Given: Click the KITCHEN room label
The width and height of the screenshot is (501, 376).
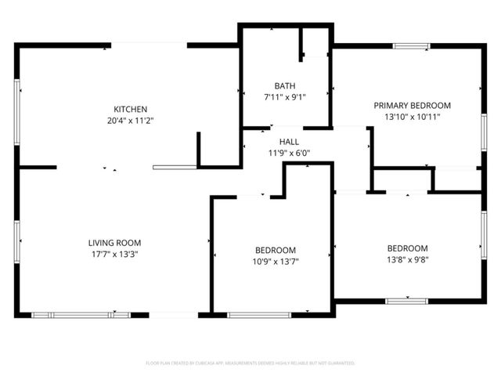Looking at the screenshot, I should click(130, 109).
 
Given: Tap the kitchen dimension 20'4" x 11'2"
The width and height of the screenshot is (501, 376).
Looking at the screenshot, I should click(130, 121).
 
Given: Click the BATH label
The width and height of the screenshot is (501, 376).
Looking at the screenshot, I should click(285, 85).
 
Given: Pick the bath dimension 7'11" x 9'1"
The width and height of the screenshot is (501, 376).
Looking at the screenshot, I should click(285, 97).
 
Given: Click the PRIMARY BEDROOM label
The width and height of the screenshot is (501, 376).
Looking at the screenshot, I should click(412, 105).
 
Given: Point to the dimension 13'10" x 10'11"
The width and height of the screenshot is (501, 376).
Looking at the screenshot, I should click(412, 117).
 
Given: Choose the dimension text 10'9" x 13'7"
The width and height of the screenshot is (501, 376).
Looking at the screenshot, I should click(274, 261).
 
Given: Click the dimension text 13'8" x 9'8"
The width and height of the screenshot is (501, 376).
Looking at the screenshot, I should click(408, 259).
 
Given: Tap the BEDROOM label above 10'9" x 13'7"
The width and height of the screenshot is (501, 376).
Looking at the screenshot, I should click(274, 249).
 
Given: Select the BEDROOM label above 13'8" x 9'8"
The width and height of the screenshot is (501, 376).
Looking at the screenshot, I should click(408, 248).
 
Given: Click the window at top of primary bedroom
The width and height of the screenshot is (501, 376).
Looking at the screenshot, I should click(412, 46).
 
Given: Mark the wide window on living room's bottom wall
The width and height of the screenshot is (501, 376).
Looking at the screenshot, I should click(81, 315).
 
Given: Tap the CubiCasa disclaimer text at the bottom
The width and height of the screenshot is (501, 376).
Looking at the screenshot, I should click(250, 363).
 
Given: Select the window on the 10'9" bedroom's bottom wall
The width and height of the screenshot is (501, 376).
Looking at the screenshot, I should click(258, 315).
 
